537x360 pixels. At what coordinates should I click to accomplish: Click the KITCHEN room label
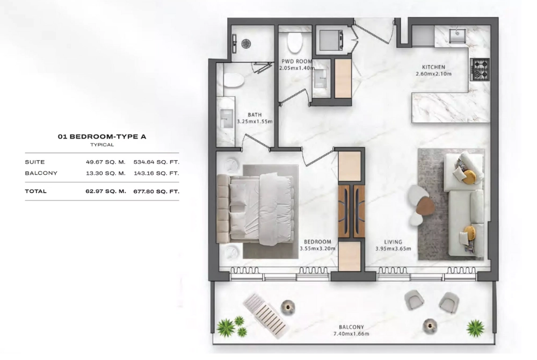click(x=433, y=67)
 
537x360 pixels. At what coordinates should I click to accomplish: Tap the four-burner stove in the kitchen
click(x=480, y=69)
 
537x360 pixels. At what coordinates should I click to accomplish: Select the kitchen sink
click(x=457, y=35)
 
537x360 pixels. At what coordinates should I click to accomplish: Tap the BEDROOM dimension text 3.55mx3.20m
click(x=317, y=249)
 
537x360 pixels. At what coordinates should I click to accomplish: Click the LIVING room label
click(x=393, y=242)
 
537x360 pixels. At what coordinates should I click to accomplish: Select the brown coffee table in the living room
click(x=425, y=206)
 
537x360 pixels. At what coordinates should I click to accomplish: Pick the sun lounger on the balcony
click(x=265, y=315)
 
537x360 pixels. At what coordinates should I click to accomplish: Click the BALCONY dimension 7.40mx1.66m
click(x=351, y=334)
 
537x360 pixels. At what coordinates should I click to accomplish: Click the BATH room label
click(x=255, y=115)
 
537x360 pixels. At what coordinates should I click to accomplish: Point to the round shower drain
click(x=246, y=44)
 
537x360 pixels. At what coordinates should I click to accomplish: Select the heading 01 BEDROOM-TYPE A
click(x=102, y=136)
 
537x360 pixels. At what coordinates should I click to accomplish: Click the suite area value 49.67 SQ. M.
click(x=105, y=162)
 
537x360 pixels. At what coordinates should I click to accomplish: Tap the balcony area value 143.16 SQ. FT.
click(x=156, y=174)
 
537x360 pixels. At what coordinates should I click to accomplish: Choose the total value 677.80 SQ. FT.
click(x=156, y=191)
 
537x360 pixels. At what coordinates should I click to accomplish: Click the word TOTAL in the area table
click(x=35, y=191)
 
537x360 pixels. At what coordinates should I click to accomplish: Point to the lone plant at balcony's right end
click(x=475, y=328)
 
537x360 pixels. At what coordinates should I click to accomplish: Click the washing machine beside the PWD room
click(x=331, y=40)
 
